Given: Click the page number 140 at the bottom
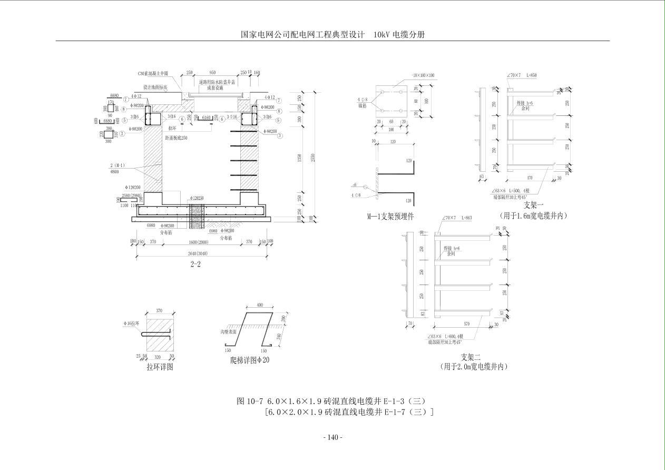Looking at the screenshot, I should coord(332,437).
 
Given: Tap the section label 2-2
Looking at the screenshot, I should coord(195,265).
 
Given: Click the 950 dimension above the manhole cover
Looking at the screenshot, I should coord(212,73).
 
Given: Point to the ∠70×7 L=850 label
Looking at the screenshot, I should coord(522,75).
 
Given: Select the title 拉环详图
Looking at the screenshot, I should coord(160,367).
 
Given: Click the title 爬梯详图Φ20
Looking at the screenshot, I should coord(250,361).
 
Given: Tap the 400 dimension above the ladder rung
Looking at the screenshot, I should coord(260,306).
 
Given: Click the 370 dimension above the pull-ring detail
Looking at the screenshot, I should coord(159,311).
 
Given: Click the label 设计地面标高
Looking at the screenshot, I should coord(155,87).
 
